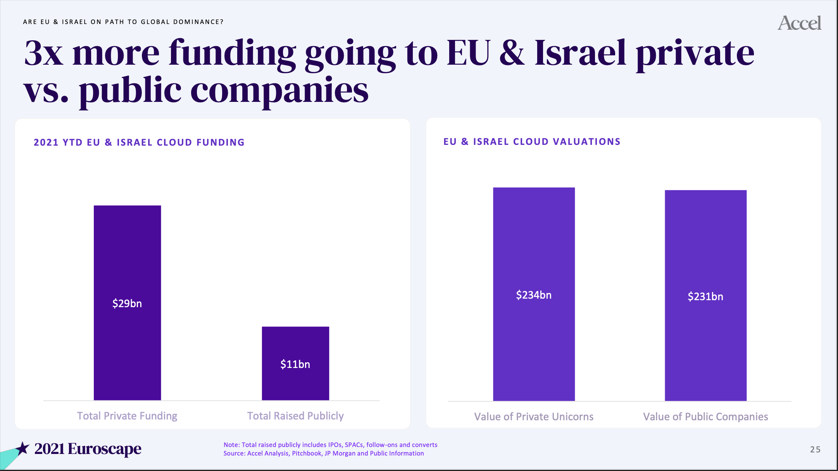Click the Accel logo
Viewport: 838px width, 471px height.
[x=799, y=23]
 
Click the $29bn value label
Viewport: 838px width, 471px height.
[x=127, y=303]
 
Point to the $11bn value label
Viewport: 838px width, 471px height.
[x=295, y=364]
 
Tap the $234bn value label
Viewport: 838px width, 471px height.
[x=534, y=295]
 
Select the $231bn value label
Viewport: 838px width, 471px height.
[x=705, y=297]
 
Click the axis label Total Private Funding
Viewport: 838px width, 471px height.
[x=127, y=416]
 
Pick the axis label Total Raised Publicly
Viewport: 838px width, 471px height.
[x=295, y=416]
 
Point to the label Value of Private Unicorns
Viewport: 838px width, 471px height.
[x=534, y=417]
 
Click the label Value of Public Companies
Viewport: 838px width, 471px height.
[x=705, y=417]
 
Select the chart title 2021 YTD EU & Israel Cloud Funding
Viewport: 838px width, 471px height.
[x=139, y=143]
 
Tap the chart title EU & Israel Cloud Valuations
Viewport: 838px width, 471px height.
[x=532, y=142]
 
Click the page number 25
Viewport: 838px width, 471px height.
[x=815, y=449]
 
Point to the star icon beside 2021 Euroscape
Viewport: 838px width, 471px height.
[x=22, y=448]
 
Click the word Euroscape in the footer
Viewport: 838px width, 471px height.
[x=105, y=449]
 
